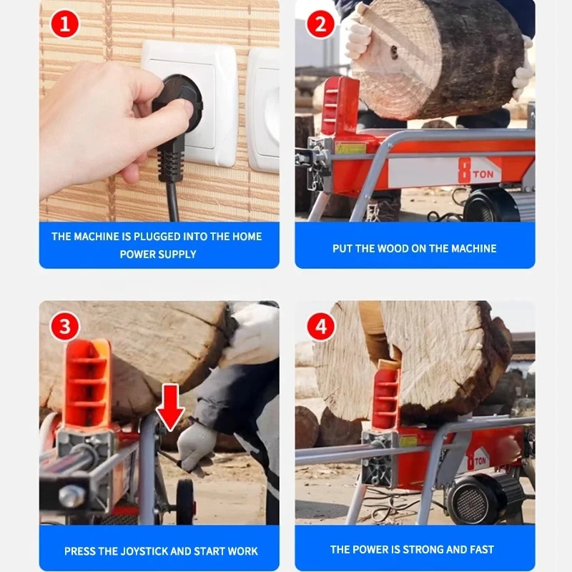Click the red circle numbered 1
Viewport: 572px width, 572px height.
(64, 24)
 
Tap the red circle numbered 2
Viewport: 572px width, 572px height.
(320, 24)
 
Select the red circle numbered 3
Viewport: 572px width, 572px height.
(64, 326)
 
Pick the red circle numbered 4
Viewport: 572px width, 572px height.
(320, 326)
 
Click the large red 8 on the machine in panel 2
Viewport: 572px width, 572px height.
(464, 170)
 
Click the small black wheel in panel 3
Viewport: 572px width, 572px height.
(185, 501)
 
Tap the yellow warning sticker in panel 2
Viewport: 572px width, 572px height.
(350, 147)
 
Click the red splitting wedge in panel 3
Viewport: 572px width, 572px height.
(87, 384)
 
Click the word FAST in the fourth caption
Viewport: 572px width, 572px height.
(481, 549)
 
